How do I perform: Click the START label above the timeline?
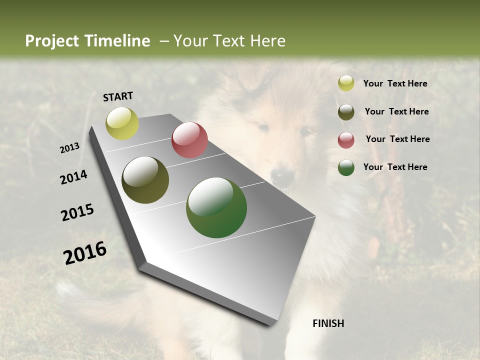pyautogui.click(x=118, y=96)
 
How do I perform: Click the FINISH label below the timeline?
pyautogui.click(x=328, y=323)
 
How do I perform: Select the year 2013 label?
pyautogui.click(x=69, y=148)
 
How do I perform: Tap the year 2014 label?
pyautogui.click(x=73, y=177)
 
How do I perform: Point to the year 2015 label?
pyautogui.click(x=77, y=212)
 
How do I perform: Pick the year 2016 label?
pyautogui.click(x=85, y=253)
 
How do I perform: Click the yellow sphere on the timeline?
pyautogui.click(x=122, y=123)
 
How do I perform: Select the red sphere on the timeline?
pyautogui.click(x=189, y=140)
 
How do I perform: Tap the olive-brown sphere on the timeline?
pyautogui.click(x=145, y=180)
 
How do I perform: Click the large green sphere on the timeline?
pyautogui.click(x=216, y=207)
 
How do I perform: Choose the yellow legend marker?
pyautogui.click(x=346, y=83)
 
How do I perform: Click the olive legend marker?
pyautogui.click(x=346, y=112)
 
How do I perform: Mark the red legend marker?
pyautogui.click(x=346, y=140)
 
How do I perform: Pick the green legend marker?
pyautogui.click(x=346, y=167)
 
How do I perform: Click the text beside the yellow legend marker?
pyautogui.click(x=395, y=83)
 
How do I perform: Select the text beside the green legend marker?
pyautogui.click(x=395, y=167)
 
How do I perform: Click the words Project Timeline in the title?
pyautogui.click(x=87, y=41)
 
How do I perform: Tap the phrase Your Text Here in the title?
pyautogui.click(x=229, y=41)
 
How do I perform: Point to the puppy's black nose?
pyautogui.click(x=282, y=176)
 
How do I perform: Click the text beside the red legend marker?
pyautogui.click(x=397, y=139)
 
